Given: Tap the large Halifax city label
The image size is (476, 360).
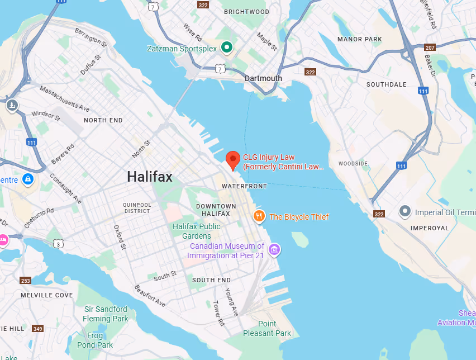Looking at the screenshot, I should click(149, 177).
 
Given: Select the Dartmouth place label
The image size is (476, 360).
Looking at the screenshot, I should click(263, 78).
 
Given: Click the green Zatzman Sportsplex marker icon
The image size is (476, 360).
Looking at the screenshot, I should click(226, 48).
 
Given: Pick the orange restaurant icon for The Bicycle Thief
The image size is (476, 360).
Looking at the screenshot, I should click(259, 216).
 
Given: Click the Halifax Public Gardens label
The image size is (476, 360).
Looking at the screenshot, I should click(196, 231).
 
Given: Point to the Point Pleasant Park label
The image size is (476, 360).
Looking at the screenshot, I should click(267, 329).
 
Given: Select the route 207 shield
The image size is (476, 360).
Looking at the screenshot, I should click(429, 48).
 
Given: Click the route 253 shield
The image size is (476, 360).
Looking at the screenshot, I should click(25, 281).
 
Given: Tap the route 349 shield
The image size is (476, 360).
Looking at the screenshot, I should click(37, 329).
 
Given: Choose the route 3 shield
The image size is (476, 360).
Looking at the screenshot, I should click(59, 244).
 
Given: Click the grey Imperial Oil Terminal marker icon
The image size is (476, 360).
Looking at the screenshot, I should click(405, 212).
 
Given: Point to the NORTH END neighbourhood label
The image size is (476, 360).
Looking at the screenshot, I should click(103, 120).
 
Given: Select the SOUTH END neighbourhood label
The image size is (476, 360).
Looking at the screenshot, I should click(211, 280).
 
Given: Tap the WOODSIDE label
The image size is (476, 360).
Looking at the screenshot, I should click(353, 164).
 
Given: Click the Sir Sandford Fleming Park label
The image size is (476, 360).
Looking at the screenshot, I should click(106, 314).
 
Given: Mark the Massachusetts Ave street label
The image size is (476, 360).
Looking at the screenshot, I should click(65, 98).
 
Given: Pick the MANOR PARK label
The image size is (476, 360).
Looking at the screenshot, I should click(360, 39).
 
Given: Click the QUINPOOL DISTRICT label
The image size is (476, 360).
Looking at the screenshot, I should click(137, 208).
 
